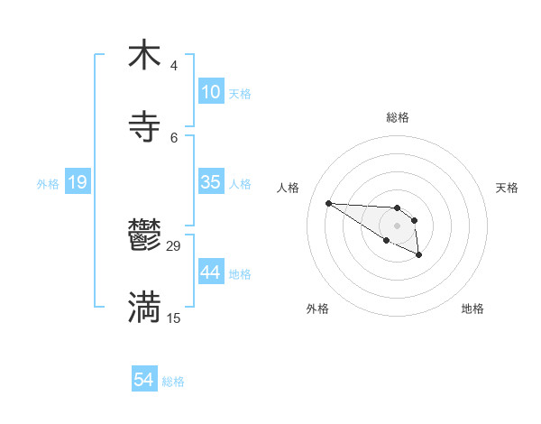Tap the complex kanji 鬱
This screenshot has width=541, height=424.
(144, 236)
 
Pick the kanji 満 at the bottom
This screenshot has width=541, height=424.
(144, 307)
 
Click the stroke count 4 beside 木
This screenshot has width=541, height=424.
(173, 66)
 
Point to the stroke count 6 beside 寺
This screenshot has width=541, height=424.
(173, 137)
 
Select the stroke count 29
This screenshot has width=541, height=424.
(174, 246)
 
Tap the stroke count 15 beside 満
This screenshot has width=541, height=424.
(174, 318)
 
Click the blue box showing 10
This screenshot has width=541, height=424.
(211, 92)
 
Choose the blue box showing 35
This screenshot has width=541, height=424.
(211, 182)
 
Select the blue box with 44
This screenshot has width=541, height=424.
(211, 272)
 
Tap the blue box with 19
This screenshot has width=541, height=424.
(78, 182)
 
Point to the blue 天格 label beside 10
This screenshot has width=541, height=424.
(240, 94)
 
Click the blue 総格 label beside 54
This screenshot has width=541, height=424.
(173, 382)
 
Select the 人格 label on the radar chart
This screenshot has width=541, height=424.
(289, 188)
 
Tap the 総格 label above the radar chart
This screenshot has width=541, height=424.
(398, 117)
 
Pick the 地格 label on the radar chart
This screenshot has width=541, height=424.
(472, 309)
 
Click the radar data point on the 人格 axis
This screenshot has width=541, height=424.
(329, 203)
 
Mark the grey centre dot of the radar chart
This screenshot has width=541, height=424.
(397, 225)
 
